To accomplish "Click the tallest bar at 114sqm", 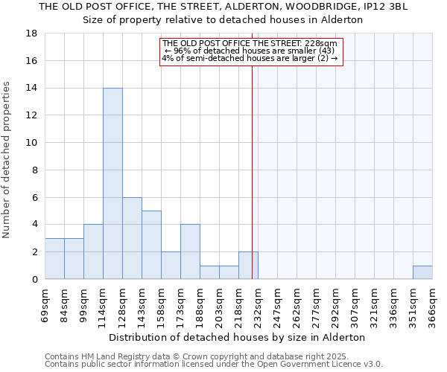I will point(112,184).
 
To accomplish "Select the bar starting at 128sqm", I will point(132,238).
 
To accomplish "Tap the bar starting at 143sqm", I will point(151,245).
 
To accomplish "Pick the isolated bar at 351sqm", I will point(422,272).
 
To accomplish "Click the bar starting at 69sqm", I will point(54,259).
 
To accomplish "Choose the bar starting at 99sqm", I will point(93,251).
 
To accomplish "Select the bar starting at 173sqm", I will point(190,251).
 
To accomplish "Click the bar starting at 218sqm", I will point(248,266).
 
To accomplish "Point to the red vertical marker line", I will point(252,186).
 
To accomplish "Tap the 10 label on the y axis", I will point(32,143).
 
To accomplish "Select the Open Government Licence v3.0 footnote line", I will point(214,365).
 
